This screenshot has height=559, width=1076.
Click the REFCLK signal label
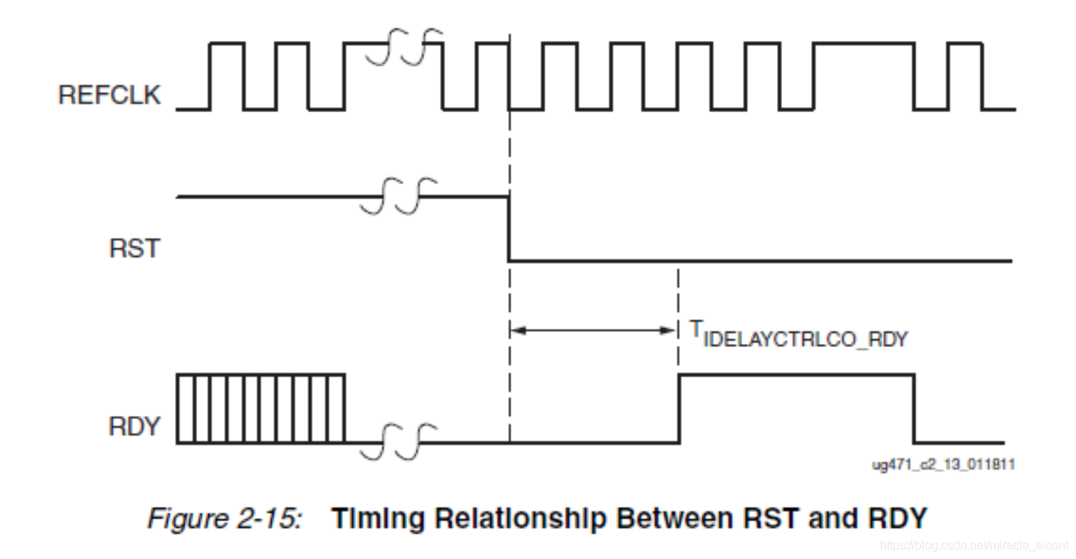(110, 95)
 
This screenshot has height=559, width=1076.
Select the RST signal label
(135, 248)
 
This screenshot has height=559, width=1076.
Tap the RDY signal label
(135, 426)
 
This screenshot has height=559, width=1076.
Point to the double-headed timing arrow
(594, 329)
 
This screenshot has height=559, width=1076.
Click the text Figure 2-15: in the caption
(225, 520)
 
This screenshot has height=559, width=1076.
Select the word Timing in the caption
(376, 520)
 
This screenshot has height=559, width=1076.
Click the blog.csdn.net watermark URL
(976, 545)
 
